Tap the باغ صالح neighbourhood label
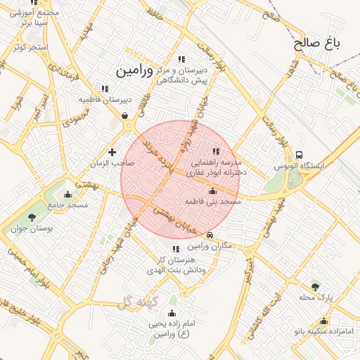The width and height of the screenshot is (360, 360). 317,43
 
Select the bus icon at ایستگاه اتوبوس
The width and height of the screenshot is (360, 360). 300,155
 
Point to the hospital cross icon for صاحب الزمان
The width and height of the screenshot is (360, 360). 112,152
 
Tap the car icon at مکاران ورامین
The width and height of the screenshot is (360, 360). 210,234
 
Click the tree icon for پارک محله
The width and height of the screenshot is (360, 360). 314,286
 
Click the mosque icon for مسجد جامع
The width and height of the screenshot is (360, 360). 68,194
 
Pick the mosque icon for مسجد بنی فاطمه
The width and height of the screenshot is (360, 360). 212,191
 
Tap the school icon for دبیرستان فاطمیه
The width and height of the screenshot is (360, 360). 105,89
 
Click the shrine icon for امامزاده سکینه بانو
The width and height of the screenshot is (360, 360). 324,321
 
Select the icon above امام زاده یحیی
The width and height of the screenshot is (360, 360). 172,314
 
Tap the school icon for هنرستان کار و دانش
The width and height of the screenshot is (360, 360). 176,248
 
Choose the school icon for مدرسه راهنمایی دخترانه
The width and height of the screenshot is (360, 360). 216,150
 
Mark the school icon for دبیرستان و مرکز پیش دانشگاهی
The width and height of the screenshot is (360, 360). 181,59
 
